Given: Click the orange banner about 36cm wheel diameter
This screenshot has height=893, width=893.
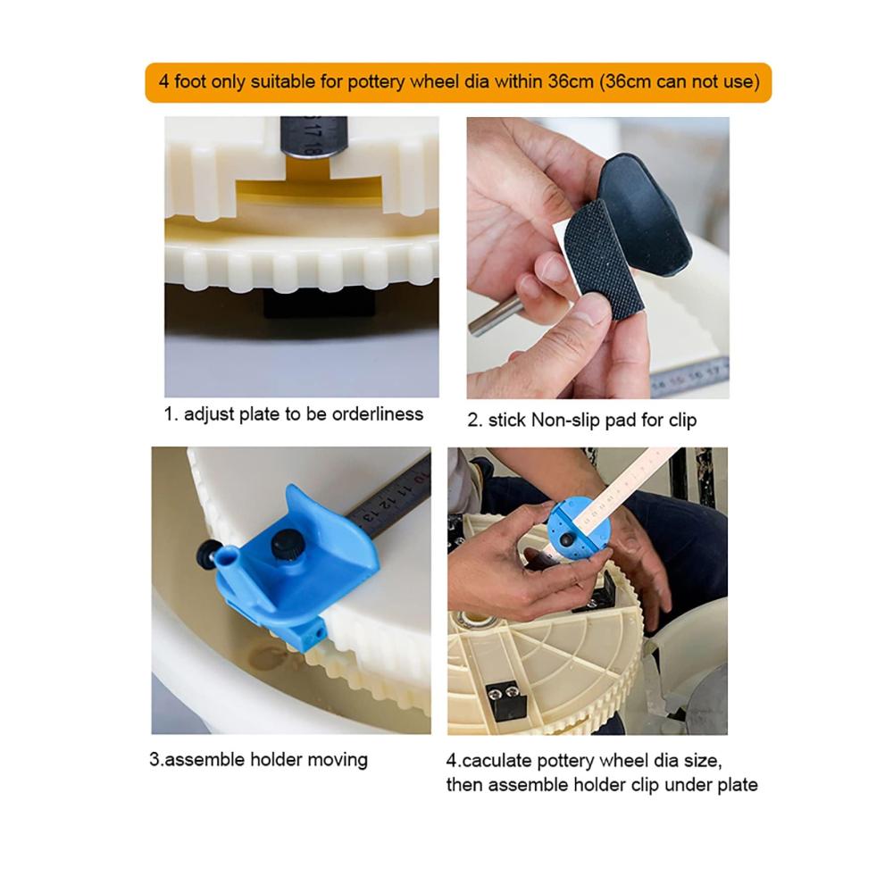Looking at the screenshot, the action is (458, 82).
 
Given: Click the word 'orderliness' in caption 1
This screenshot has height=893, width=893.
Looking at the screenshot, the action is (378, 414).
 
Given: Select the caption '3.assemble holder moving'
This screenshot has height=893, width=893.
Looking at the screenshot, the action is (259, 760).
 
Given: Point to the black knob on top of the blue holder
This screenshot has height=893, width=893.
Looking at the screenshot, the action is (286, 545).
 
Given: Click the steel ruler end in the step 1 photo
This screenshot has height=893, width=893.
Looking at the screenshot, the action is (313, 136).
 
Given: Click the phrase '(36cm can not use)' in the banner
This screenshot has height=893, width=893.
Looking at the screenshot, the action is (679, 82).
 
